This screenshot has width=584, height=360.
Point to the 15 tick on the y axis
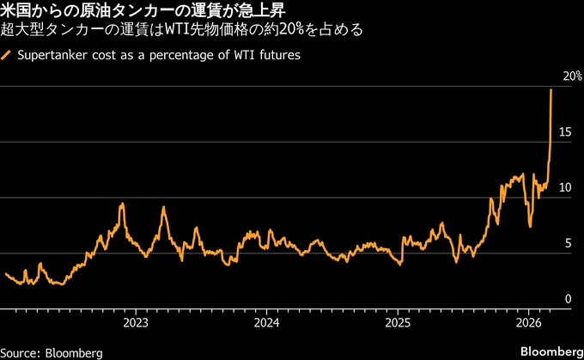[564, 131]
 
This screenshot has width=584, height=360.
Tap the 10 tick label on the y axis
[564, 187]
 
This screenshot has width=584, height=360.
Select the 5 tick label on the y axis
[567, 243]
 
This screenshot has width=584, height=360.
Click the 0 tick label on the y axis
[567, 298]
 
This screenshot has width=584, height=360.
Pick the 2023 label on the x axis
[135, 323]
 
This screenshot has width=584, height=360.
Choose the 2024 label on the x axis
[266, 323]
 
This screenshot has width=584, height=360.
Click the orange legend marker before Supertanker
[7, 55]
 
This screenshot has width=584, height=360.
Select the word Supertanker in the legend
[52, 55]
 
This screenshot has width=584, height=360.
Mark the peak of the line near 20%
[551, 90]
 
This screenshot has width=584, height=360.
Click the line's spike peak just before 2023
[123, 204]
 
